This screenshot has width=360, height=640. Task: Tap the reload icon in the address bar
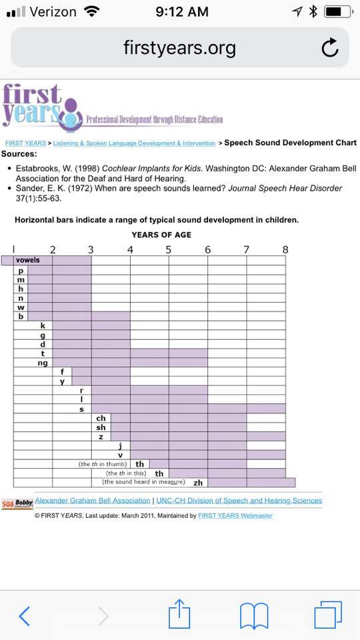coord(330,47)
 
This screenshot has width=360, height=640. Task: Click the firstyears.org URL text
coord(179,48)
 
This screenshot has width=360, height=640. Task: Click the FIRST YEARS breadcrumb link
coord(25,143)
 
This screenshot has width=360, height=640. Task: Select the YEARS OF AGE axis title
coord(161,235)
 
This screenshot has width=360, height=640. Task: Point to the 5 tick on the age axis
coord(169,249)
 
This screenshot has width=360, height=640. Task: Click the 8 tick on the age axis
coord(285,249)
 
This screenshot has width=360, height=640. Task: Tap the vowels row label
coord(28,260)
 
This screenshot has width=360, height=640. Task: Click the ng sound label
coord(43,363)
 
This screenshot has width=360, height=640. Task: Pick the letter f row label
coord(62,372)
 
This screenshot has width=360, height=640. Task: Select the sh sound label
coord(101,427)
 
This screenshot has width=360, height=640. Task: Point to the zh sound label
coord(198,483)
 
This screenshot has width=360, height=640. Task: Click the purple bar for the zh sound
coord(251,483)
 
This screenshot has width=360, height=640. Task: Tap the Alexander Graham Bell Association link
coord(93,501)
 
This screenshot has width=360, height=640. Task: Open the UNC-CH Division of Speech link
coord(239,501)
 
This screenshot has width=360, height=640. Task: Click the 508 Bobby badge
coord(17,504)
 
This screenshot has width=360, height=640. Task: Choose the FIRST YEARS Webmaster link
coord(235,516)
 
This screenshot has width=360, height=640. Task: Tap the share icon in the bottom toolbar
coord(179,614)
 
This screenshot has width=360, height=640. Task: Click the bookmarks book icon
coord(254,616)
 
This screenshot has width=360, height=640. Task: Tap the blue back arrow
coord(25,616)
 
